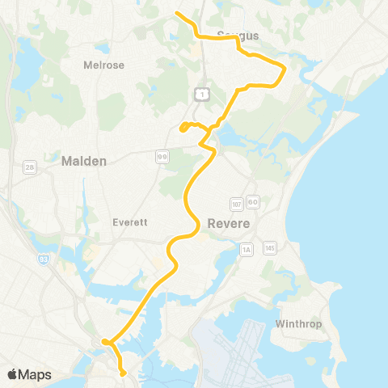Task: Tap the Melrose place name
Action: (104, 65)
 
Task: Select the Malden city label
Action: (84, 162)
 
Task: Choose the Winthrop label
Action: (298, 324)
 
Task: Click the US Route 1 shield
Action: (206, 95)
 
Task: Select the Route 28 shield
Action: (30, 167)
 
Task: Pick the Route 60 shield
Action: (252, 202)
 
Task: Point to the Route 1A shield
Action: (247, 250)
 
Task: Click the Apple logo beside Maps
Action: (13, 374)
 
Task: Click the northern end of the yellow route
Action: (177, 13)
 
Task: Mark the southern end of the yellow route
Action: (123, 373)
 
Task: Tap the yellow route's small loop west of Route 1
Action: (185, 126)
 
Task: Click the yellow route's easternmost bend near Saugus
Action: (284, 71)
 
